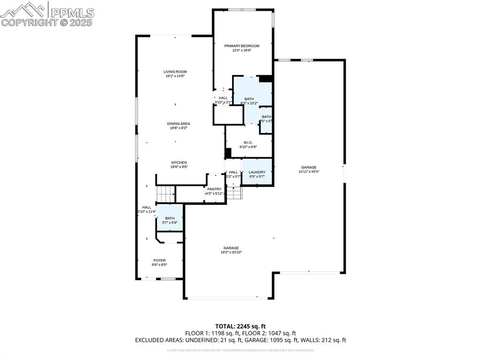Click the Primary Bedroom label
(x=241, y=46)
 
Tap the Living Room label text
(x=175, y=72)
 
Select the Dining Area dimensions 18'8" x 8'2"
(x=178, y=128)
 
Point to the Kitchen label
(x=178, y=162)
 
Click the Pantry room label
(x=214, y=189)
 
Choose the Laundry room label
(x=257, y=172)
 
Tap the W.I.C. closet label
(x=248, y=143)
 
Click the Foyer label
(x=159, y=260)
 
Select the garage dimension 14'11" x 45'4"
(x=309, y=172)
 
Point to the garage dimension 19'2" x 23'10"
(x=231, y=252)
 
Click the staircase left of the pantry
(x=165, y=193)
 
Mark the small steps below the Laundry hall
(x=234, y=192)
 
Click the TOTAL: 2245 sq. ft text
(x=240, y=326)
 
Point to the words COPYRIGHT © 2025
(x=47, y=22)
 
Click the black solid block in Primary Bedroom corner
(x=265, y=79)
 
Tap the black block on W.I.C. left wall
(x=228, y=153)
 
